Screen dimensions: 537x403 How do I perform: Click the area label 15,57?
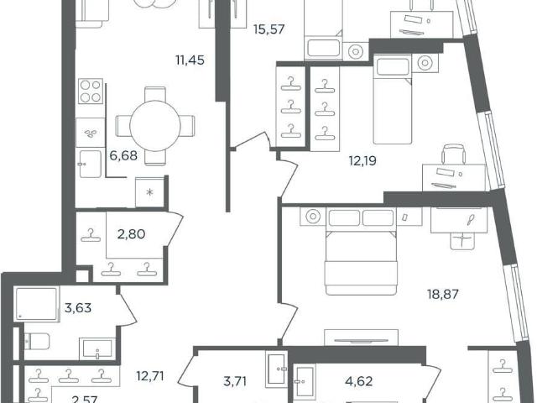click(268, 29)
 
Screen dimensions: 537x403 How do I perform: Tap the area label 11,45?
click(190, 60)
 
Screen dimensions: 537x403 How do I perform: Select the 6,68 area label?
click(123, 156)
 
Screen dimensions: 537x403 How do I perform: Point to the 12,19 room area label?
click(362, 160)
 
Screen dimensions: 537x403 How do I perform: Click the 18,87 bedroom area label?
click(443, 294)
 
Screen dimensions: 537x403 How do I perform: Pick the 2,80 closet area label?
click(131, 234)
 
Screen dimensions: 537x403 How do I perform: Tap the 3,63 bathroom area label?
click(78, 308)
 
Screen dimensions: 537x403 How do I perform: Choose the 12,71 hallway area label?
click(150, 376)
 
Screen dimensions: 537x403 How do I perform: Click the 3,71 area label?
click(235, 381)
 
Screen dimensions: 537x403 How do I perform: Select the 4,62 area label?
click(359, 381)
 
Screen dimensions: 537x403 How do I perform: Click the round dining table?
click(155, 126)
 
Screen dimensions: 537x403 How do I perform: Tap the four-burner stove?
click(91, 92)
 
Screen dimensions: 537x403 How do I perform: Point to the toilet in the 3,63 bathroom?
click(37, 342)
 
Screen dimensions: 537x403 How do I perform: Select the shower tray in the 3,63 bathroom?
click(37, 305)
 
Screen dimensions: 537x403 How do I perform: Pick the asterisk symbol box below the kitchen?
click(149, 192)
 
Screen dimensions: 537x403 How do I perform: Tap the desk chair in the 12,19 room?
click(454, 154)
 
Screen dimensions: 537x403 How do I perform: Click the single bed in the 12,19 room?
click(393, 99)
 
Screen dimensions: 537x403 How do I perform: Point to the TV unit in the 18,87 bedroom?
click(361, 338)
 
